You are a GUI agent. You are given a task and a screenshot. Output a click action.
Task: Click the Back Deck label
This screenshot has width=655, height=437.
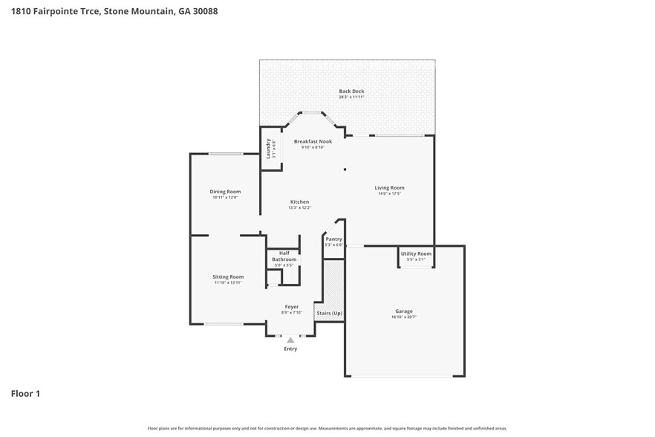[351, 91]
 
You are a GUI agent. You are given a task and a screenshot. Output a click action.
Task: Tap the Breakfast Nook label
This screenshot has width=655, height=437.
[310, 141]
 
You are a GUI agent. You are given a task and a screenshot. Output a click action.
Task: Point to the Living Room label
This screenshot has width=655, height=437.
[389, 188]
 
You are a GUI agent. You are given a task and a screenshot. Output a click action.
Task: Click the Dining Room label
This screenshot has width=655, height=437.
[224, 192]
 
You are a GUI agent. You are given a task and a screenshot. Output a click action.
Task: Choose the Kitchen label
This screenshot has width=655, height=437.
[299, 202]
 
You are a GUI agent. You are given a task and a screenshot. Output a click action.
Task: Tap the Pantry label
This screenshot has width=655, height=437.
[333, 239]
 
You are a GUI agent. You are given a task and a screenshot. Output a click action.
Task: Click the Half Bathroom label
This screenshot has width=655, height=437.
[284, 256]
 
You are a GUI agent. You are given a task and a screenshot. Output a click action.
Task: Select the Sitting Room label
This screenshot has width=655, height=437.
[228, 276]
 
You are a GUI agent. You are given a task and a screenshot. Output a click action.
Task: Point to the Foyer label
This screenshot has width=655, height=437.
[292, 306]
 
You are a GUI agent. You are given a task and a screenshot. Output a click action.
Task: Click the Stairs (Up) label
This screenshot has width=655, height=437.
[329, 313]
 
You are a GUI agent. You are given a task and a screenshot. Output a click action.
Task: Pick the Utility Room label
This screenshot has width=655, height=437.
[416, 253]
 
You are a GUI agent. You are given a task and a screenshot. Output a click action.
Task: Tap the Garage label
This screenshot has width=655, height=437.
[403, 311]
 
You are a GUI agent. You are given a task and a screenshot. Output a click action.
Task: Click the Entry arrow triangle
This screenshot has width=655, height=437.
[290, 340]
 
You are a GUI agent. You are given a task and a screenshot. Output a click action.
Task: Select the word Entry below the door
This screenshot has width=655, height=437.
[290, 349]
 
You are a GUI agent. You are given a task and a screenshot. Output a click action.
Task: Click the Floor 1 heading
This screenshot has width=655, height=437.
[25, 393]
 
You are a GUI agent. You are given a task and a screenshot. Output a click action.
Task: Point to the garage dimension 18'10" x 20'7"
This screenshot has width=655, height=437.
[403, 317]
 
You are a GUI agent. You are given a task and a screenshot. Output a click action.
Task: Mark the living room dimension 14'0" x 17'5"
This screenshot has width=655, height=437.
[389, 194]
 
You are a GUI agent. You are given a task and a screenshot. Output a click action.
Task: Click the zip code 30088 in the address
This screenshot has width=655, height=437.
[205, 11]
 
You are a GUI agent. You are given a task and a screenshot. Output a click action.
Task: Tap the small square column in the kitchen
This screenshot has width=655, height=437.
[345, 169]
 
